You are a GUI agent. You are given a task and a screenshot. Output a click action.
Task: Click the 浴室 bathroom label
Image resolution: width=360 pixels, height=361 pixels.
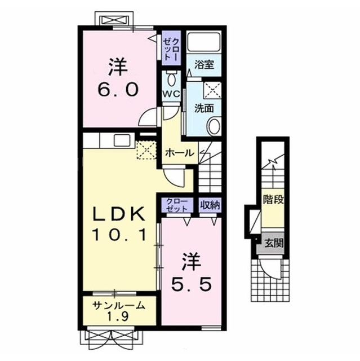204,65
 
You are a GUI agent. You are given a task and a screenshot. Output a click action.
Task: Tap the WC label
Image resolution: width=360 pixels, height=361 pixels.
171,94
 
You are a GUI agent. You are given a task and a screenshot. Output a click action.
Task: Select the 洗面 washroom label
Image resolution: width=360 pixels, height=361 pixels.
204,108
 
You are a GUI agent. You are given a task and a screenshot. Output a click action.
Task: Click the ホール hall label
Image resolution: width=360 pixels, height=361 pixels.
180,153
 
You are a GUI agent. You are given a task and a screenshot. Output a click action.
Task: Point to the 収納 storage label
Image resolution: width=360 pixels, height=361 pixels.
210,205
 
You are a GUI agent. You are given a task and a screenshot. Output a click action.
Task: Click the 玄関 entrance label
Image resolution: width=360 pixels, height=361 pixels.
273,243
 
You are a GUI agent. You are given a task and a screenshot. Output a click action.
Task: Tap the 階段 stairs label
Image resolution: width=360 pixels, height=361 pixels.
273,199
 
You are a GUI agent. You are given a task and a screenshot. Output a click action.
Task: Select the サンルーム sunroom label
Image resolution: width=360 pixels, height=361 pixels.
119,306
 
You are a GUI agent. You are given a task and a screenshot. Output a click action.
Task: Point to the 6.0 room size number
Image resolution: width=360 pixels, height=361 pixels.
118,89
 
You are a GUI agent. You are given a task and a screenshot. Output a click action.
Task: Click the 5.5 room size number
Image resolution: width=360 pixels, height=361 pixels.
191,284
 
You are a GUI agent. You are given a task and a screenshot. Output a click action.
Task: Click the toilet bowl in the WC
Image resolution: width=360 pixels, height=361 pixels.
171,79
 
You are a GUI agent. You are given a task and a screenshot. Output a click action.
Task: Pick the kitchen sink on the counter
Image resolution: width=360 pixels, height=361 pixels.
122,140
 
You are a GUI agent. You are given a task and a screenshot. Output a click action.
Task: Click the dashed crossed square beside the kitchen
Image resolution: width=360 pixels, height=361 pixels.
146,150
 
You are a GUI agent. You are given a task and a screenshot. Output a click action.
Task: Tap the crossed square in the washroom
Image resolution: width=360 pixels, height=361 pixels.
212,90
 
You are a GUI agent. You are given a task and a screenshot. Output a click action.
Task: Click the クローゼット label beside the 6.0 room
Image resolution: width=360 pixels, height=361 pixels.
171,49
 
